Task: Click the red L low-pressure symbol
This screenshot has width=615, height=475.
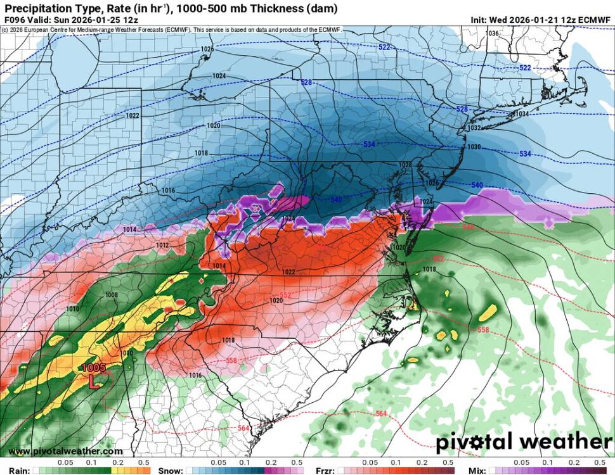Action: coord(93,381)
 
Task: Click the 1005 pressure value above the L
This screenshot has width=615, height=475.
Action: coord(91,368)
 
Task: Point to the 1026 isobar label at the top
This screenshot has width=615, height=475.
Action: coord(207,49)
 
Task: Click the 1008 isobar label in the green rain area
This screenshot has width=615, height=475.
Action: coord(112,295)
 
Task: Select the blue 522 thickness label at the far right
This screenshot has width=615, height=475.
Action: coord(525,68)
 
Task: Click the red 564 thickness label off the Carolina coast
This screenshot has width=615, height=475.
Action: coord(381,414)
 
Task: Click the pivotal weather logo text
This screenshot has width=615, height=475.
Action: coord(533,441)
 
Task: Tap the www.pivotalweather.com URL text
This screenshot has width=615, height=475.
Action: coord(66,451)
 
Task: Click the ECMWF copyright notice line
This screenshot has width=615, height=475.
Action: coord(171,29)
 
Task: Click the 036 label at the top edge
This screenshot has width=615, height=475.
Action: coord(493,33)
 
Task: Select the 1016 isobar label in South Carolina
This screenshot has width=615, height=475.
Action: coord(195,376)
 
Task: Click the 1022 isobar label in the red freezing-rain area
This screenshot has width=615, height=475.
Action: coord(288,272)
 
